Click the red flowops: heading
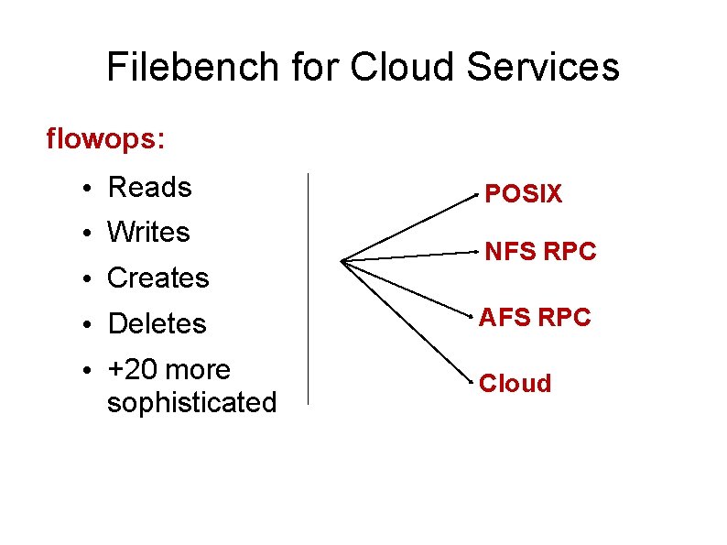pos(105,139)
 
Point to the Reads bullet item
pos(149,188)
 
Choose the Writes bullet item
pos(148,233)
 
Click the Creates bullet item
pos(157,278)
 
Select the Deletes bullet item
pos(157,324)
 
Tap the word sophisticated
pos(191,403)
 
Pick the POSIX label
pos(523,194)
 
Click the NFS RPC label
pos(540,251)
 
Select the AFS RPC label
pos(536,318)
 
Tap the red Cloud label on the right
pos(515,384)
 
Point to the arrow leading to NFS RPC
pos(410,257)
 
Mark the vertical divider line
pos(309,289)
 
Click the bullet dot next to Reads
pos(83,190)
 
